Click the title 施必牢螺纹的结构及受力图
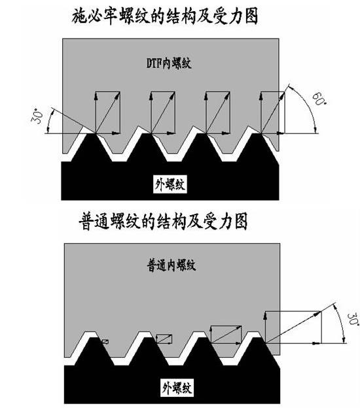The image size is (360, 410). (178, 16)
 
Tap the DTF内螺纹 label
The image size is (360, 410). (170, 63)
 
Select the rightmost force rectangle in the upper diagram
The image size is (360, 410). (272, 112)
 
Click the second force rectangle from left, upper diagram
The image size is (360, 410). (163, 112)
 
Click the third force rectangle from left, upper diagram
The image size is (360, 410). (217, 112)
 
